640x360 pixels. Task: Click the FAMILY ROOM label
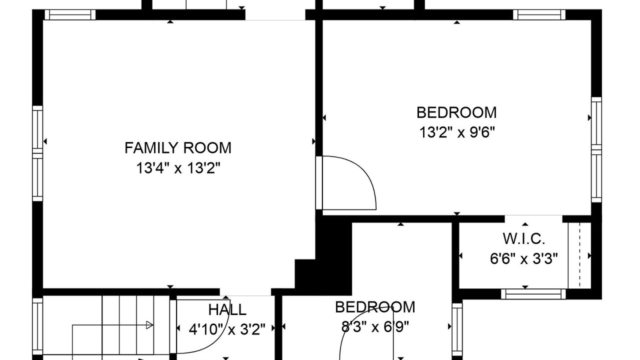pos(177,148)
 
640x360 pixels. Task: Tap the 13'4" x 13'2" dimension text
pos(178,168)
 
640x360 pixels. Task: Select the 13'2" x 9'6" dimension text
pos(457,132)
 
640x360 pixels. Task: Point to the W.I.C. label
pos(524,239)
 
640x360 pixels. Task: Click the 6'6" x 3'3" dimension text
pos(524,259)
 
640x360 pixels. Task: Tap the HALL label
pos(227,309)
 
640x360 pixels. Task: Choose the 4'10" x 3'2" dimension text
pos(227,329)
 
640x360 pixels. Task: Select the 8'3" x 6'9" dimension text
pos(375,326)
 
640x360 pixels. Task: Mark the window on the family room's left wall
pos(37,153)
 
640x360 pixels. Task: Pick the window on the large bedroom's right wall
pos(596,149)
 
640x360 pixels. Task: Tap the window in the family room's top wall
pos(70,15)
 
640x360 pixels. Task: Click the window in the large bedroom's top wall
pos(539,15)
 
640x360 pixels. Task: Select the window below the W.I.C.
pos(533,294)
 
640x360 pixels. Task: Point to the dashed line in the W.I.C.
pos(579,255)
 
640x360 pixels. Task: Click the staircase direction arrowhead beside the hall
pos(149,325)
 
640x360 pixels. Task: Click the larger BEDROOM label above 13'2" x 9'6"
pos(456,112)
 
